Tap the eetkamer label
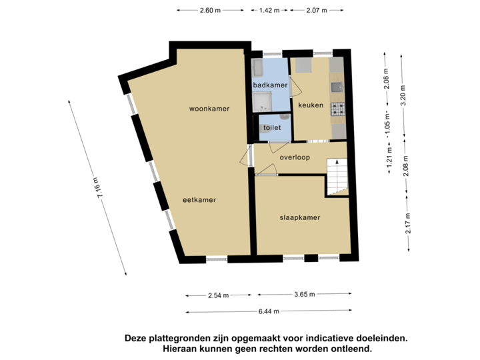tap(200, 199)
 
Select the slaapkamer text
tap(299, 217)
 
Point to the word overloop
tap(295, 158)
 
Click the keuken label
tap(311, 105)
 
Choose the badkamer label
tap(270, 85)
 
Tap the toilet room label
tap(272, 127)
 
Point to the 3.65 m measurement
tap(303, 294)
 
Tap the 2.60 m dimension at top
tap(209, 10)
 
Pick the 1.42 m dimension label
tap(269, 10)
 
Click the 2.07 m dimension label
tap(315, 10)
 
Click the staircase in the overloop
tap(337, 177)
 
